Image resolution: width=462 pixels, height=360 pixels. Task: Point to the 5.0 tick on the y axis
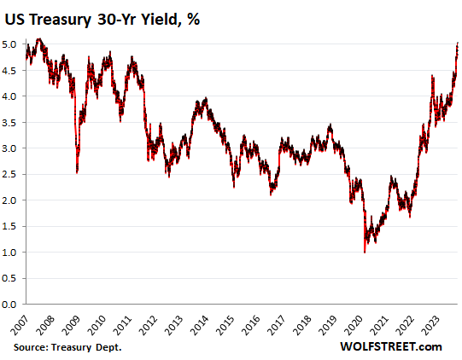(13, 44)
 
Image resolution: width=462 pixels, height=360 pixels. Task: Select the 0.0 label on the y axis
(13, 304)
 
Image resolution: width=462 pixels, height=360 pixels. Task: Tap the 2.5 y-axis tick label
(13, 174)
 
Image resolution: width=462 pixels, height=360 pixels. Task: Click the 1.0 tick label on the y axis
(13, 252)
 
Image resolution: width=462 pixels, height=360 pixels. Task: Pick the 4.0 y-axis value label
(13, 96)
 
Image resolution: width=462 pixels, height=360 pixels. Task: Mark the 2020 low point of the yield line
(365, 253)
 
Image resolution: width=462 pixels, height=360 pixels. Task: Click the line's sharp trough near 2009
(78, 171)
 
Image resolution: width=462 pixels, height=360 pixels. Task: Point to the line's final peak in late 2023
(458, 43)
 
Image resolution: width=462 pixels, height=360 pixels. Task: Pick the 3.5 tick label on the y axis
(13, 122)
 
